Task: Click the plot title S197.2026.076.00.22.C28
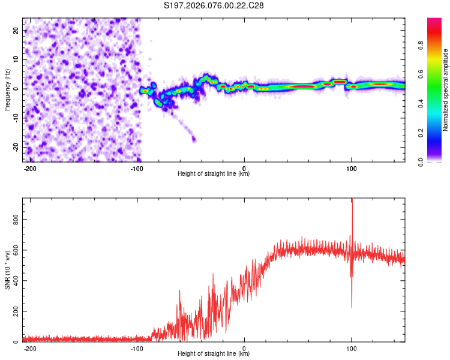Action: (214, 5)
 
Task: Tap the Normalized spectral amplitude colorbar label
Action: (446, 90)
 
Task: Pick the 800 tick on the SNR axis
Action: (15, 220)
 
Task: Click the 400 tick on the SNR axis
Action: (15, 281)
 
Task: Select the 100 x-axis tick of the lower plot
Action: (352, 349)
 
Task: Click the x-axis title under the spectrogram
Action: (214, 174)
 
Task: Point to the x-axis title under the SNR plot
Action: (214, 354)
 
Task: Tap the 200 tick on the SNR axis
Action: (15, 311)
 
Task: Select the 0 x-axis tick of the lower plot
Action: (244, 349)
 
